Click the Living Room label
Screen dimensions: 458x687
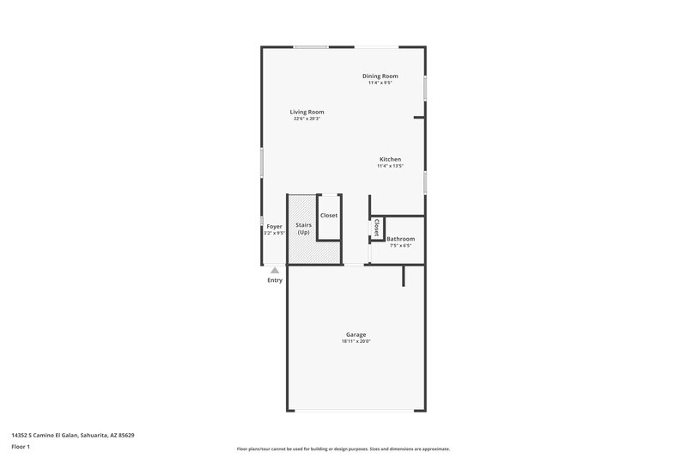pos(307,112)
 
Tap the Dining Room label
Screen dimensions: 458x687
pos(379,76)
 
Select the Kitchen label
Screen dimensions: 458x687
pos(391,159)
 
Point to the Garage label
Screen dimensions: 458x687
pos(356,334)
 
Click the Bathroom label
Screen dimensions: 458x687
pos(400,239)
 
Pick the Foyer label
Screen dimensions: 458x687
pos(274,226)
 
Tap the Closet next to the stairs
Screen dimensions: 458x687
pos(329,216)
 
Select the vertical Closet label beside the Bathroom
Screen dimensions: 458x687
pos(376,228)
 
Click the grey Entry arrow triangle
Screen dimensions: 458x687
pos(275,270)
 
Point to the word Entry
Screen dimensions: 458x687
pos(275,280)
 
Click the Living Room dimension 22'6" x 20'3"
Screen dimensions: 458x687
pos(307,119)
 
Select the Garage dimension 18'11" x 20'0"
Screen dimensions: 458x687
pos(356,341)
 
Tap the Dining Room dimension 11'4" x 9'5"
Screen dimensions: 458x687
pos(379,83)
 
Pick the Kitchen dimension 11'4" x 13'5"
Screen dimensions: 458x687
pos(391,166)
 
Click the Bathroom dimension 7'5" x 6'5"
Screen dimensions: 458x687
pos(400,246)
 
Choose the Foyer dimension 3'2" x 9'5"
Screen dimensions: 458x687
pos(274,233)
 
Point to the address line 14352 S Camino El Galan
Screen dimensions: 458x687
pos(73,436)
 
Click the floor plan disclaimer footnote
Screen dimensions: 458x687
pos(343,449)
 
